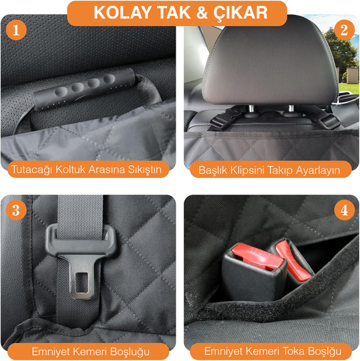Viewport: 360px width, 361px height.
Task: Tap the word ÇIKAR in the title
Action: tap(242, 13)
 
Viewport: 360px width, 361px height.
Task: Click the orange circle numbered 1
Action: tap(15, 31)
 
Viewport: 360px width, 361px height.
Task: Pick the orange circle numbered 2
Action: tap(345, 30)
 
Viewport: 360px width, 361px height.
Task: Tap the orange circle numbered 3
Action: tap(15, 210)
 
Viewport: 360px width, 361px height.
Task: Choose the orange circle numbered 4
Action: tap(345, 210)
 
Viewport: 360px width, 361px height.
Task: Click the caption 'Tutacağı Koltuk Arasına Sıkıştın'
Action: tap(86, 169)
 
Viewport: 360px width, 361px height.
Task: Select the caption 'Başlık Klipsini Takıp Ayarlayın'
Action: tap(274, 169)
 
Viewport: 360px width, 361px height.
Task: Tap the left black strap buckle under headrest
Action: tap(219, 120)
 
